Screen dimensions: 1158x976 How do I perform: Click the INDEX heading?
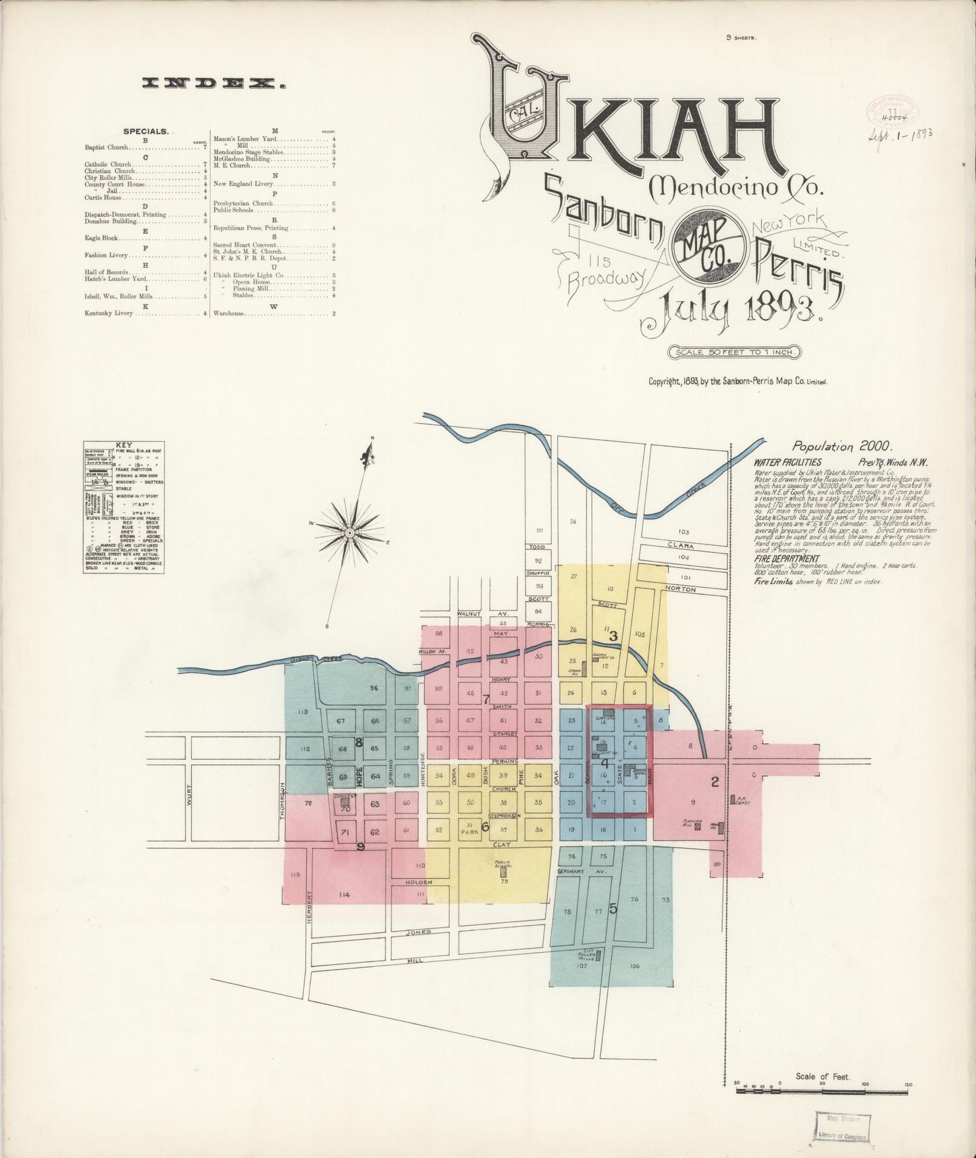(x=213, y=84)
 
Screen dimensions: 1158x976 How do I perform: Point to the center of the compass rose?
(x=351, y=533)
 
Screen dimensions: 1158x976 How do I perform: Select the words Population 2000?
(x=842, y=446)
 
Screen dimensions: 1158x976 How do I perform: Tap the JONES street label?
(x=419, y=932)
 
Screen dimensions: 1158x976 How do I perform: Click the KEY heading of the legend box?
(x=124, y=445)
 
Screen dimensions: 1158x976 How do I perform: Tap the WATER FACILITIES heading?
(x=788, y=463)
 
